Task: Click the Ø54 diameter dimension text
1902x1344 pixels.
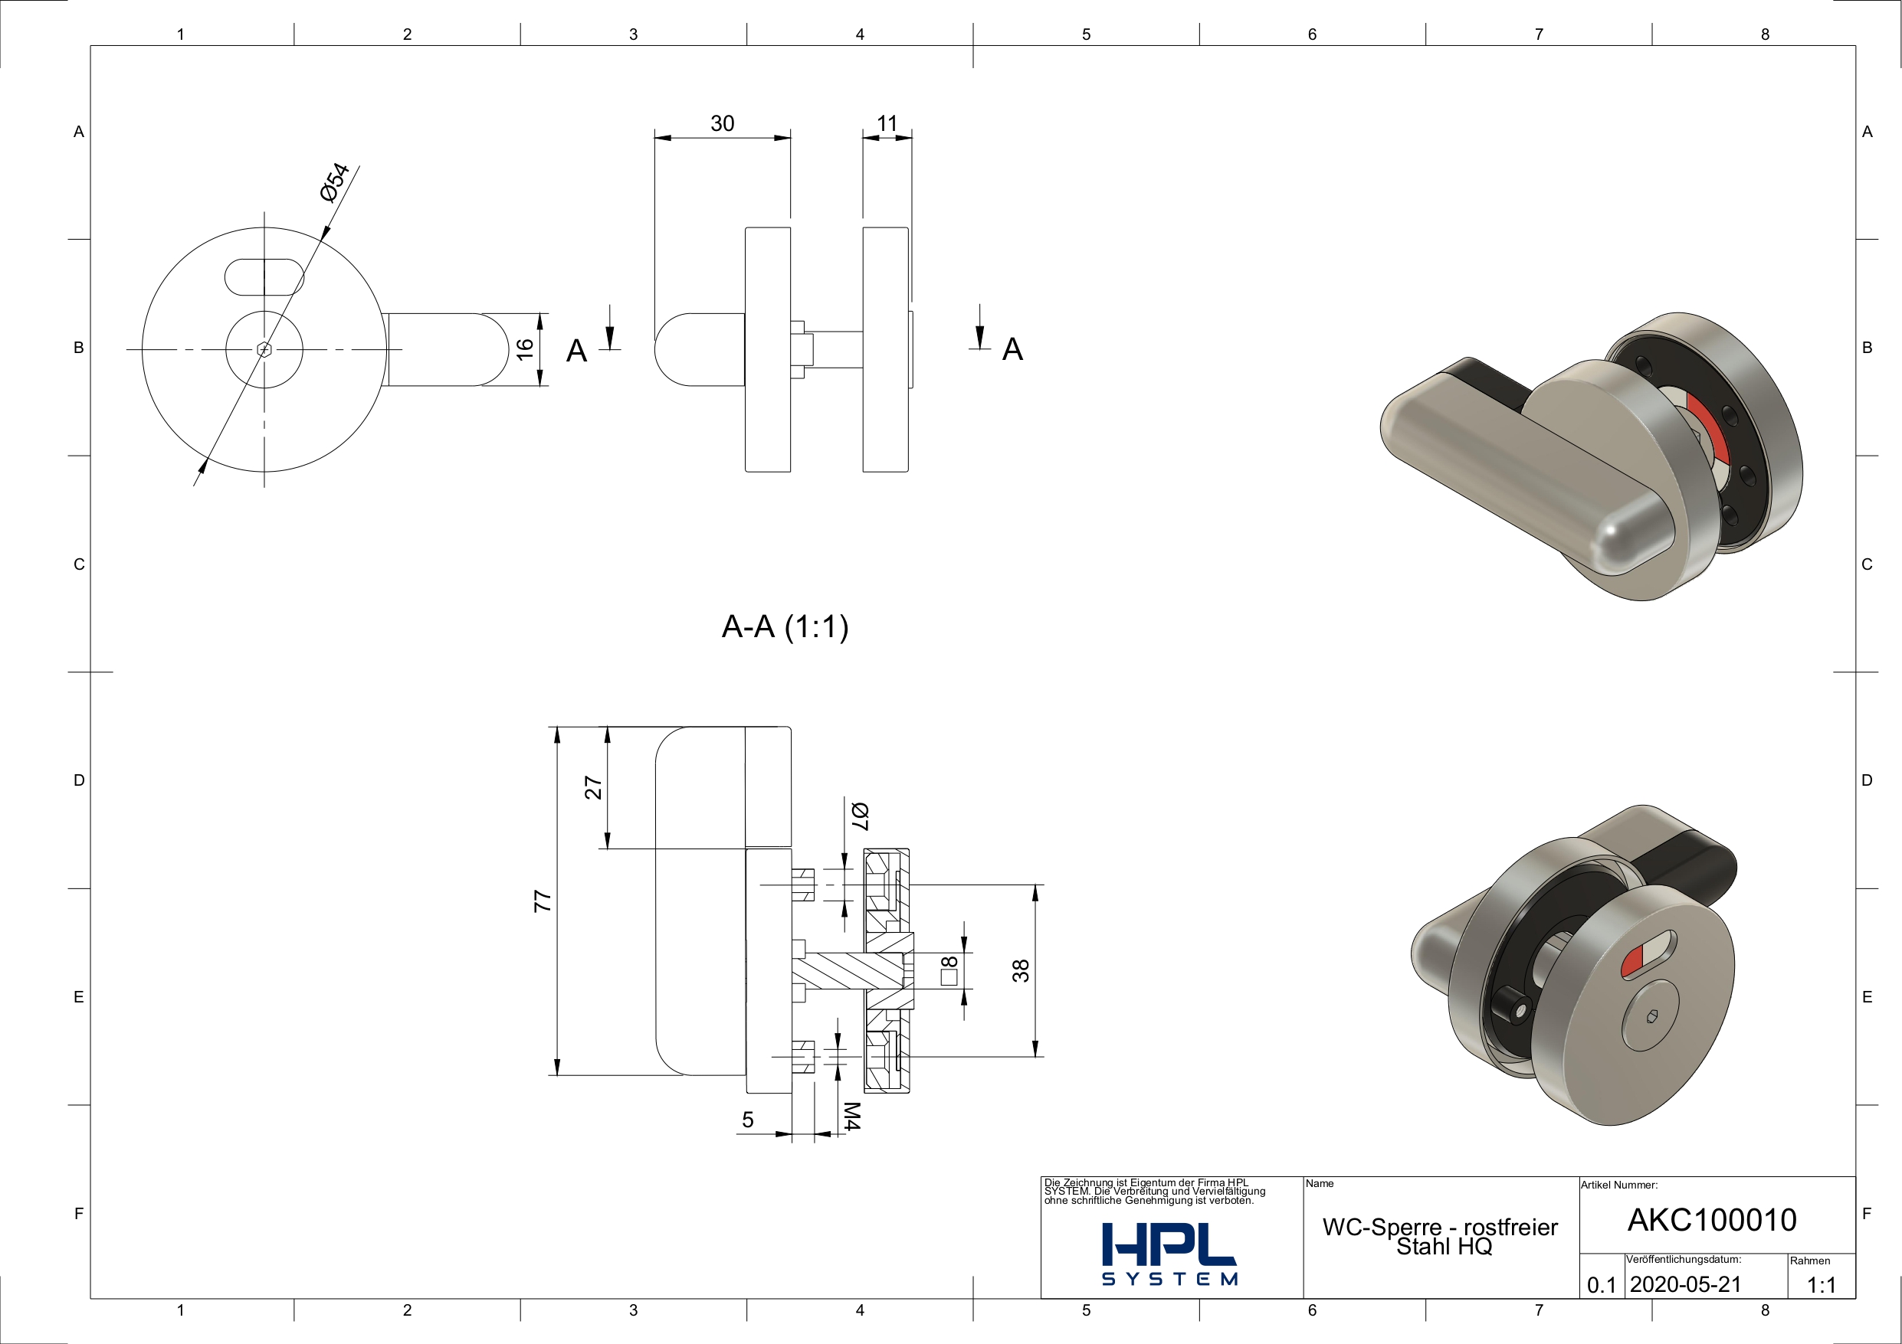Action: tap(335, 182)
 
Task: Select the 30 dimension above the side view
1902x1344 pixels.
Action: tap(723, 123)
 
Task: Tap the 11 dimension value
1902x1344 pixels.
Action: tap(887, 123)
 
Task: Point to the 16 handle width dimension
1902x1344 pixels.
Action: tap(524, 349)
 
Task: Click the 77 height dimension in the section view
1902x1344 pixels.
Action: tap(543, 901)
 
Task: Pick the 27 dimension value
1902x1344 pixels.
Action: tap(593, 787)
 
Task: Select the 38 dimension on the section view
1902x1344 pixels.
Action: tap(1021, 970)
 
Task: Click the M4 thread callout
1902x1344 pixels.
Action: tap(851, 1117)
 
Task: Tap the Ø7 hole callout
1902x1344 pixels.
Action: tap(859, 816)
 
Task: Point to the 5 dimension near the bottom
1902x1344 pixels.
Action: tap(748, 1120)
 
